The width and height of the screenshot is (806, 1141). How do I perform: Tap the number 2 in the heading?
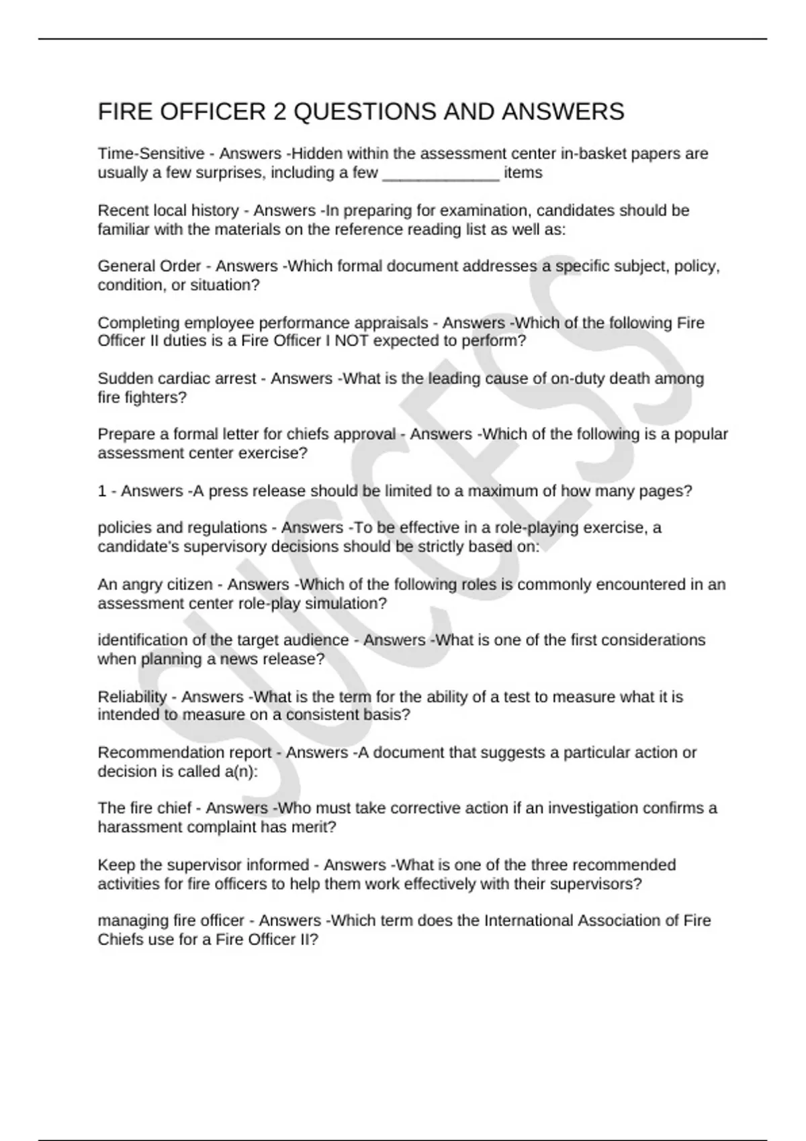pos(279,111)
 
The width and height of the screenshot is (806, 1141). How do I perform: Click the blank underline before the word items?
pos(441,174)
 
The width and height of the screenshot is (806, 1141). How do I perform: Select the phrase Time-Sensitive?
pos(151,154)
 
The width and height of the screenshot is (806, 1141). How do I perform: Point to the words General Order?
pos(149,266)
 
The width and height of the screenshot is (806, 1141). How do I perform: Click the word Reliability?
pos(132,697)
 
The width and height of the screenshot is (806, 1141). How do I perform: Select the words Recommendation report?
pos(185,753)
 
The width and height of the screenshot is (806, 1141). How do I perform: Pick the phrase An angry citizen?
pos(155,585)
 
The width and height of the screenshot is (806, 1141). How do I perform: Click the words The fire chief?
pos(144,808)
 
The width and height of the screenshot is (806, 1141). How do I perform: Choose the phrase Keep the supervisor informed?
pos(204,865)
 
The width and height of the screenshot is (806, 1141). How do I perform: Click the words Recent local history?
pos(168,211)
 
